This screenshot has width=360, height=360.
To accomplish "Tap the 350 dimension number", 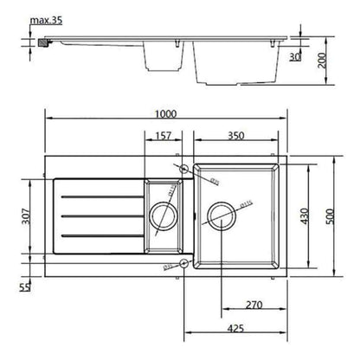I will (x=235, y=136).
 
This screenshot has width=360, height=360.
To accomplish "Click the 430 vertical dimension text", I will (x=304, y=215).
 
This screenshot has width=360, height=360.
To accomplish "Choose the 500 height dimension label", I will (x=329, y=215).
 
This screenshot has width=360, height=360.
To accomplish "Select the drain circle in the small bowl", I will (x=163, y=215).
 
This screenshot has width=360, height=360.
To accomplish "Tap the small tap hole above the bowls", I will (x=183, y=167).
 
